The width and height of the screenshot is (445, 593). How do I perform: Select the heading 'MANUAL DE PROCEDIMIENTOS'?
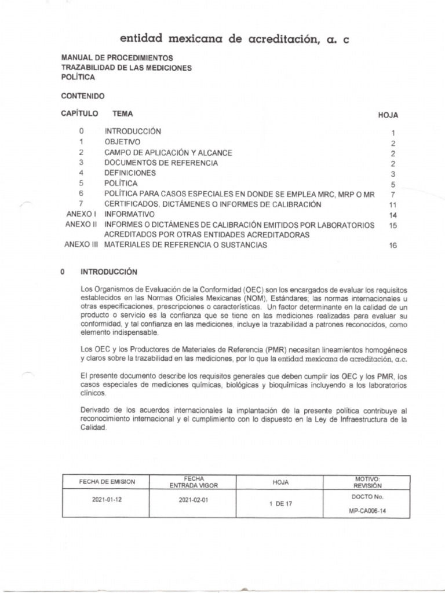116,58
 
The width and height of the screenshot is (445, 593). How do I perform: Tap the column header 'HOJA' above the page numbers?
388,115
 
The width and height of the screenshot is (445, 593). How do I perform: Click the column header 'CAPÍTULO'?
79,114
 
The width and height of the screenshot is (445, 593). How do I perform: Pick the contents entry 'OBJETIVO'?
122,142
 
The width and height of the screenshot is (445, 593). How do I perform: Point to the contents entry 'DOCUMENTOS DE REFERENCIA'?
161,163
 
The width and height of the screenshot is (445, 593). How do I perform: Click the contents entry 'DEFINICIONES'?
130,173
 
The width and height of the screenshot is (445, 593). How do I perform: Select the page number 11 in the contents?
392,205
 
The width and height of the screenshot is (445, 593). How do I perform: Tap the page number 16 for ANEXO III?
392,246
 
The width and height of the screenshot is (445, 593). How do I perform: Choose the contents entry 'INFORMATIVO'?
129,214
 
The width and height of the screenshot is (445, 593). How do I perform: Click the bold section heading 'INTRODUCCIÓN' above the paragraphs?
108,271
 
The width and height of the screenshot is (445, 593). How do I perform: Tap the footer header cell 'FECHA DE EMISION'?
107,482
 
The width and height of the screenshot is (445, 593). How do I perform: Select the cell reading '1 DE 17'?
281,504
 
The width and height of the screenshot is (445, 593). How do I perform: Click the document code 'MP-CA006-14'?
368,511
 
